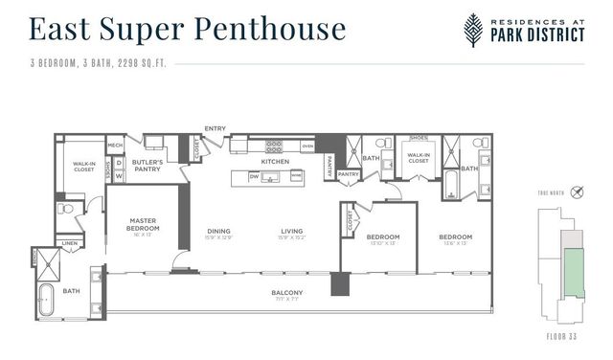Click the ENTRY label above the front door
[x=215, y=128]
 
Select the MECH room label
[x=115, y=146]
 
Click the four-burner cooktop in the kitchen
[x=274, y=146]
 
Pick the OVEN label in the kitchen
[x=306, y=146]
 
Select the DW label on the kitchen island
[x=253, y=176]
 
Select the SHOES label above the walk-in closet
[x=418, y=138]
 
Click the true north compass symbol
[x=575, y=192]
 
